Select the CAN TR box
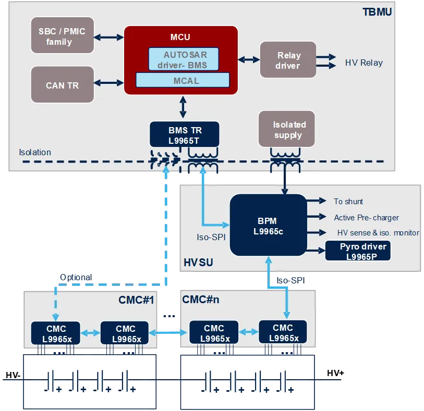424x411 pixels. [x=62, y=85]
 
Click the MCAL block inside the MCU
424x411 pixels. [x=183, y=80]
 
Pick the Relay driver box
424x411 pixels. [x=288, y=60]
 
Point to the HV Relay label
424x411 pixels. [x=364, y=63]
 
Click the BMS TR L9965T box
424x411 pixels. [x=185, y=134]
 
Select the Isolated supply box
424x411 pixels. [x=287, y=129]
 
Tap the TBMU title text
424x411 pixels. [x=377, y=11]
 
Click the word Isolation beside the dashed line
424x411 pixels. [x=35, y=153]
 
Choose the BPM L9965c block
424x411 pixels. [x=268, y=226]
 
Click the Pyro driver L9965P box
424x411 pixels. [x=358, y=251]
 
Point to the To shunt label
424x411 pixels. [x=348, y=202]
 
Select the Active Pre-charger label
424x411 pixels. [x=366, y=217]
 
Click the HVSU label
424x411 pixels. [x=198, y=263]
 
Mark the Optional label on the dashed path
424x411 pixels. [x=76, y=278]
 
